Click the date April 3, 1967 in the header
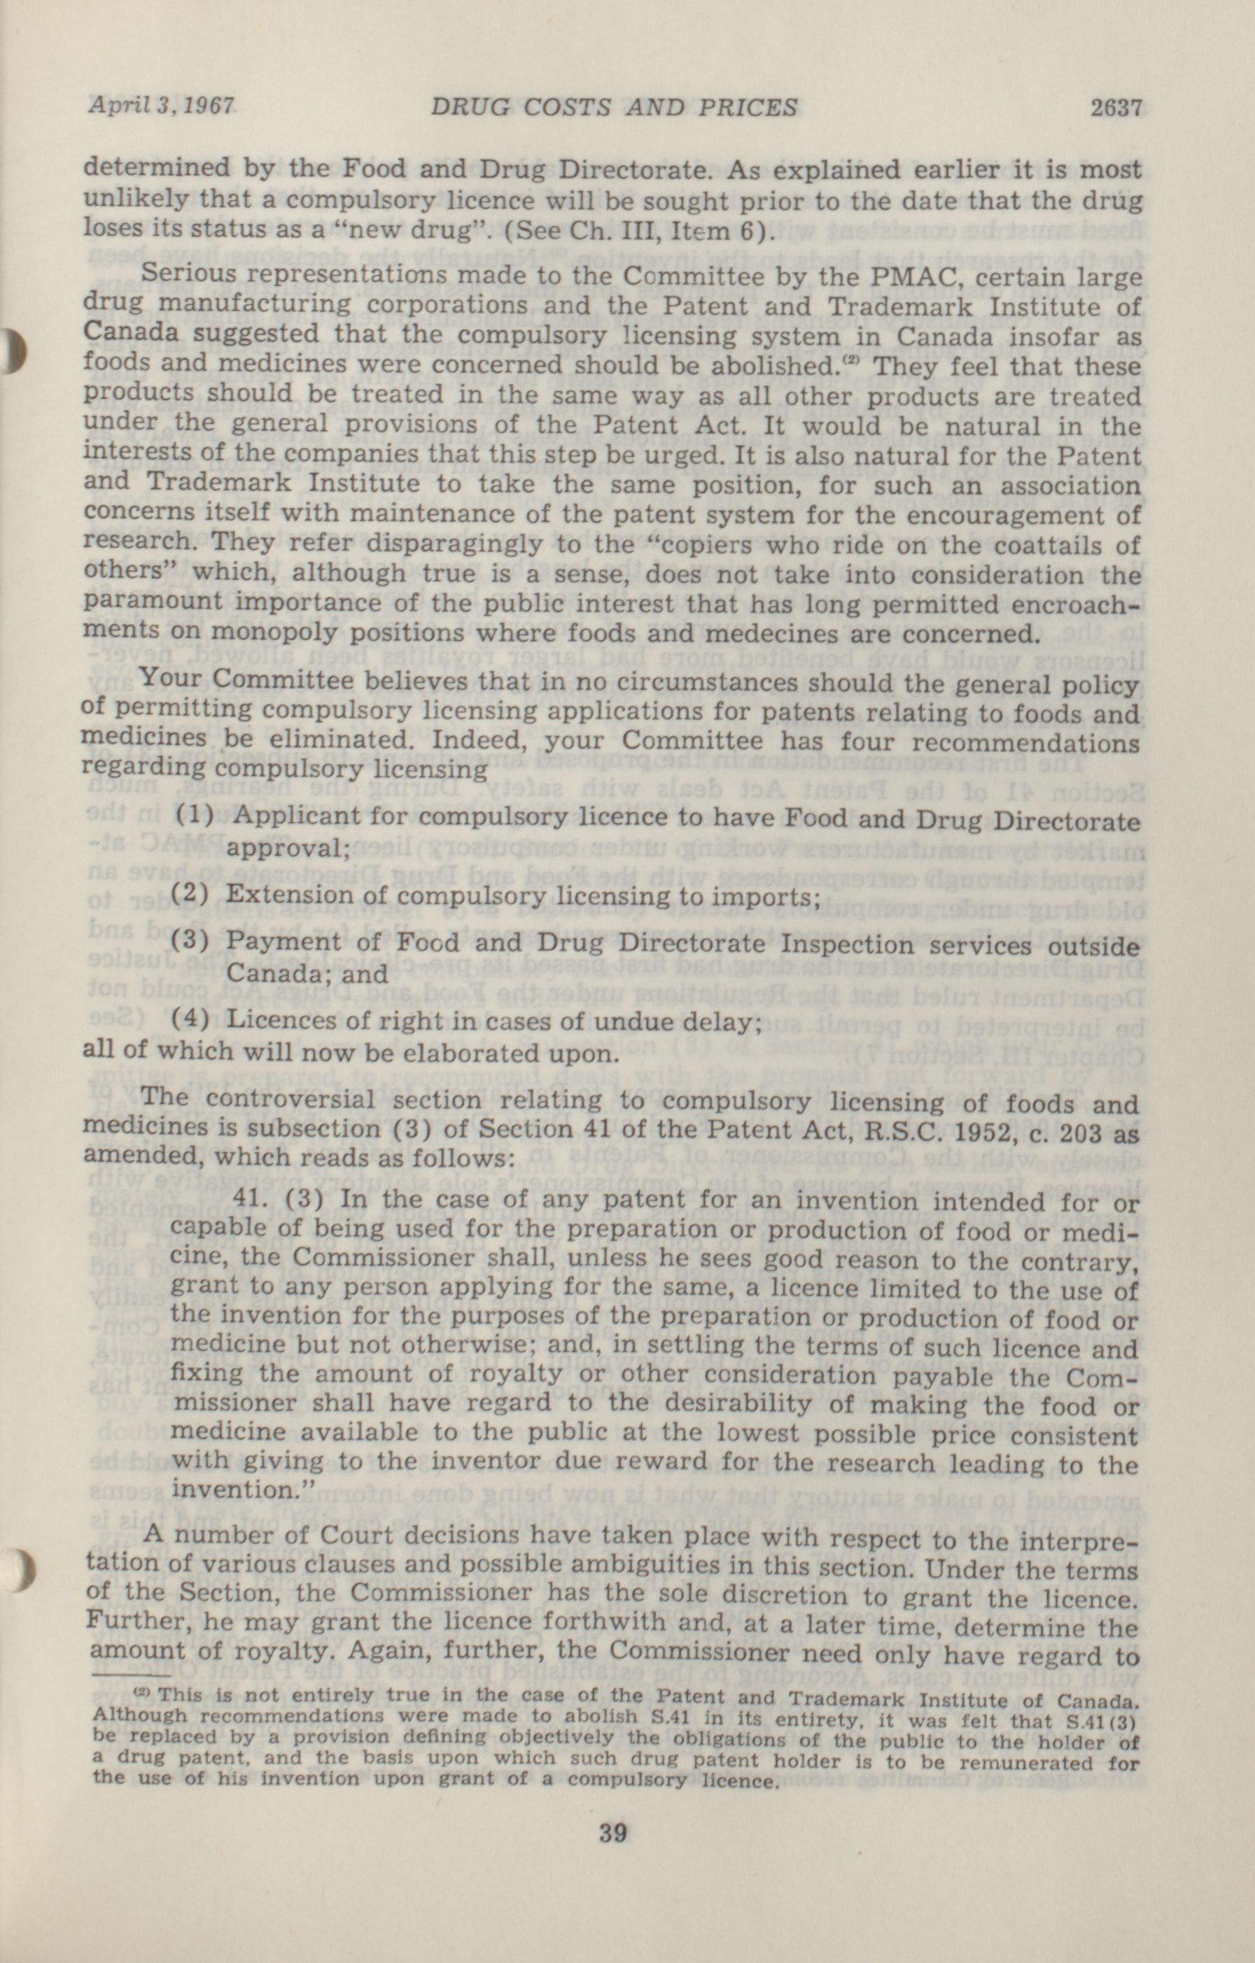(x=161, y=107)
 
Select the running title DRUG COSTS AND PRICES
(x=613, y=108)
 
